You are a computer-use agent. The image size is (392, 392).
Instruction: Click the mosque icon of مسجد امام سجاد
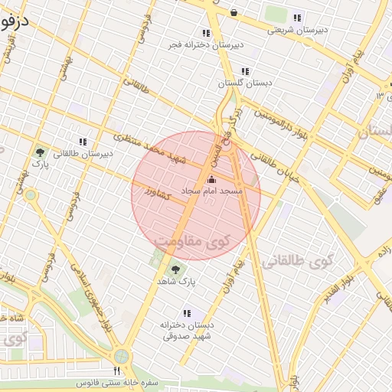(x=212, y=179)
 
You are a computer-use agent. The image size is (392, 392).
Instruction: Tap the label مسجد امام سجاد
(x=212, y=190)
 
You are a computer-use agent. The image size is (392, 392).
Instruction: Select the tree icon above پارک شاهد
(x=177, y=269)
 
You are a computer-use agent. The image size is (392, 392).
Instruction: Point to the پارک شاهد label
(x=177, y=282)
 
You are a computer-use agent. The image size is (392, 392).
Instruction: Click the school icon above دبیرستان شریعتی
(x=297, y=18)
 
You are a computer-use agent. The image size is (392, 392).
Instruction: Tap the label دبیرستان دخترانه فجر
(x=207, y=44)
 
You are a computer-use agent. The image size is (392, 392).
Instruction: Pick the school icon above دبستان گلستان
(x=245, y=71)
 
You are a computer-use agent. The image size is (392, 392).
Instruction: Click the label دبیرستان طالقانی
(x=82, y=153)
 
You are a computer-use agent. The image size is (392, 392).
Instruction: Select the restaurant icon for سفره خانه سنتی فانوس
(x=116, y=371)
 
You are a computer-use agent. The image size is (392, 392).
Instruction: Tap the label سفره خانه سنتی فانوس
(x=116, y=382)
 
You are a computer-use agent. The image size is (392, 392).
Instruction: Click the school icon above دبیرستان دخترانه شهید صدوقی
(x=186, y=313)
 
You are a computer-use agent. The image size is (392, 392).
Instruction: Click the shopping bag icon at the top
(x=234, y=13)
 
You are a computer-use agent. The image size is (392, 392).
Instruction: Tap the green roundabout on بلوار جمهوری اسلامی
(x=121, y=357)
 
